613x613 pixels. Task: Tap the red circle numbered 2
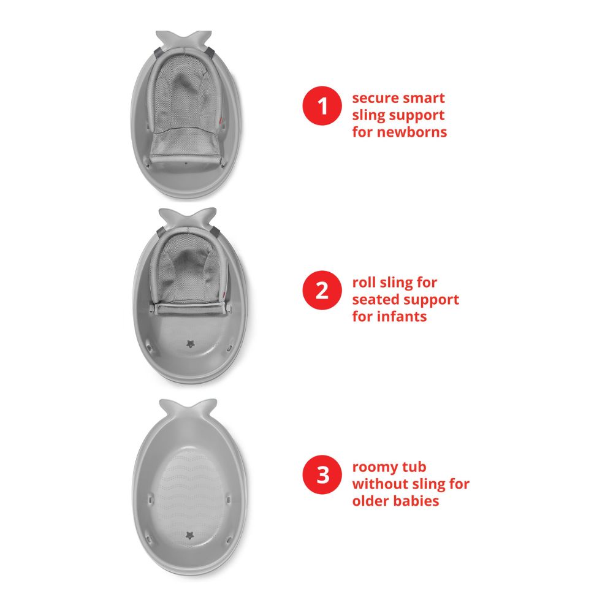(x=322, y=291)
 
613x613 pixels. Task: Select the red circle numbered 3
(x=322, y=475)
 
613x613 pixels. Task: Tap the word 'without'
(x=378, y=484)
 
